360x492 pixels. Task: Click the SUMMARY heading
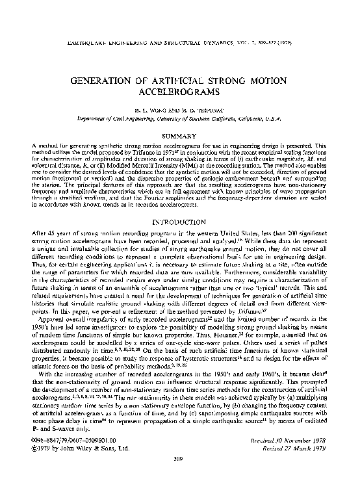point(180,136)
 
